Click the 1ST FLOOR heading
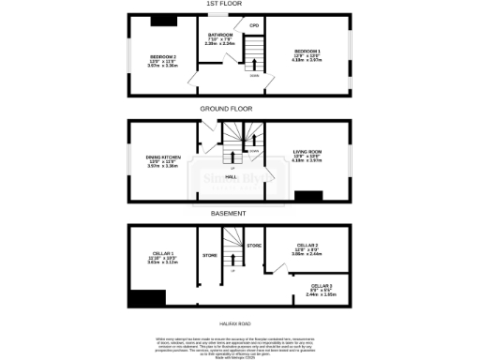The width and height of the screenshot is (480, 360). click(x=240, y=4)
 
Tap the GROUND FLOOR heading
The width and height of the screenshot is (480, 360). click(x=240, y=108)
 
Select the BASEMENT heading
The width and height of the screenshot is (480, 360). click(x=240, y=213)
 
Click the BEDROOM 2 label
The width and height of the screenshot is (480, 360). click(x=161, y=57)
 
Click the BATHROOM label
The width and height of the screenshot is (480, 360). click(x=220, y=35)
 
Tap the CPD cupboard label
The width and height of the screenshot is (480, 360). click(x=254, y=25)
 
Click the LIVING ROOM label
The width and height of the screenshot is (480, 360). click(x=307, y=152)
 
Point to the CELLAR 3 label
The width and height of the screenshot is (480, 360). click(x=322, y=286)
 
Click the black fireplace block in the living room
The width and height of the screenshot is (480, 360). click(x=308, y=196)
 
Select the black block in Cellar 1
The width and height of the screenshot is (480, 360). click(x=147, y=299)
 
